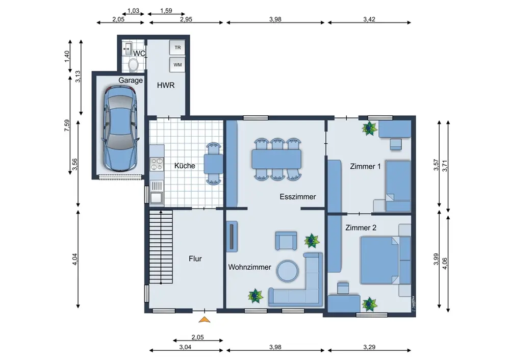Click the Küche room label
185,166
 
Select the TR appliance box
177,47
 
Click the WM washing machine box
177,65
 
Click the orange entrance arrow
205,320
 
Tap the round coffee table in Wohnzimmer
288,271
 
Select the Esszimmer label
298,197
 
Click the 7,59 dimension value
67,125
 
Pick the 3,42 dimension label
369,19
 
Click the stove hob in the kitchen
157,164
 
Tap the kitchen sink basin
157,198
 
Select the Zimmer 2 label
361,227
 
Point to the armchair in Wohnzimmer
286,241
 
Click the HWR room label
166,85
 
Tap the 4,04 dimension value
75,259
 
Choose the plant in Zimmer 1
369,128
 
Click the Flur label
195,259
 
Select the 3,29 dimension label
369,347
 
